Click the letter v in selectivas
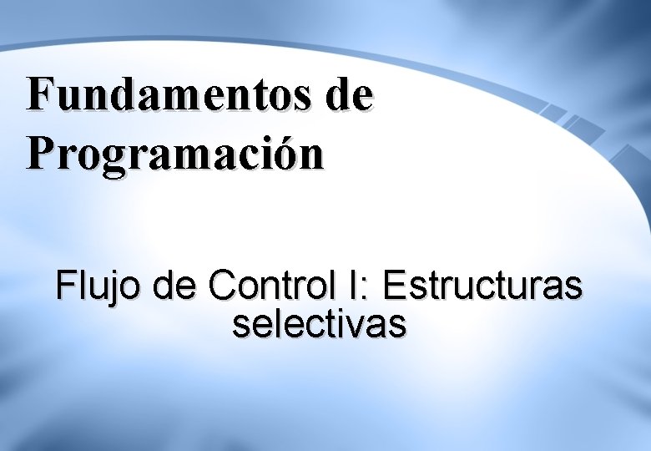[x=361, y=326]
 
